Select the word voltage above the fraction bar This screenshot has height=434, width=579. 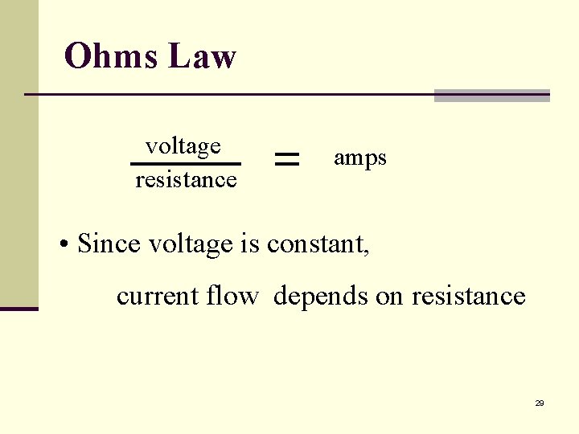coord(183,146)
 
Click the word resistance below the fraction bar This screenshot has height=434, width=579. coord(186,179)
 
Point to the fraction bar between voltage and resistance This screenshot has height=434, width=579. coord(186,164)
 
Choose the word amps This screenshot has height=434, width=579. coord(359,158)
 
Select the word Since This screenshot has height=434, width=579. coord(110,243)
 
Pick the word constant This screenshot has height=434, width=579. coord(318,244)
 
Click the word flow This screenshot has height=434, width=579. coord(232,296)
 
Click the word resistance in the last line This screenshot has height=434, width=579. coord(468,297)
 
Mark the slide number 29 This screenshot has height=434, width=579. coord(540,403)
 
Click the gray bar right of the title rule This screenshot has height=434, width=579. coord(491,96)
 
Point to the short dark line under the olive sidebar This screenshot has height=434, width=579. coord(18,308)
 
